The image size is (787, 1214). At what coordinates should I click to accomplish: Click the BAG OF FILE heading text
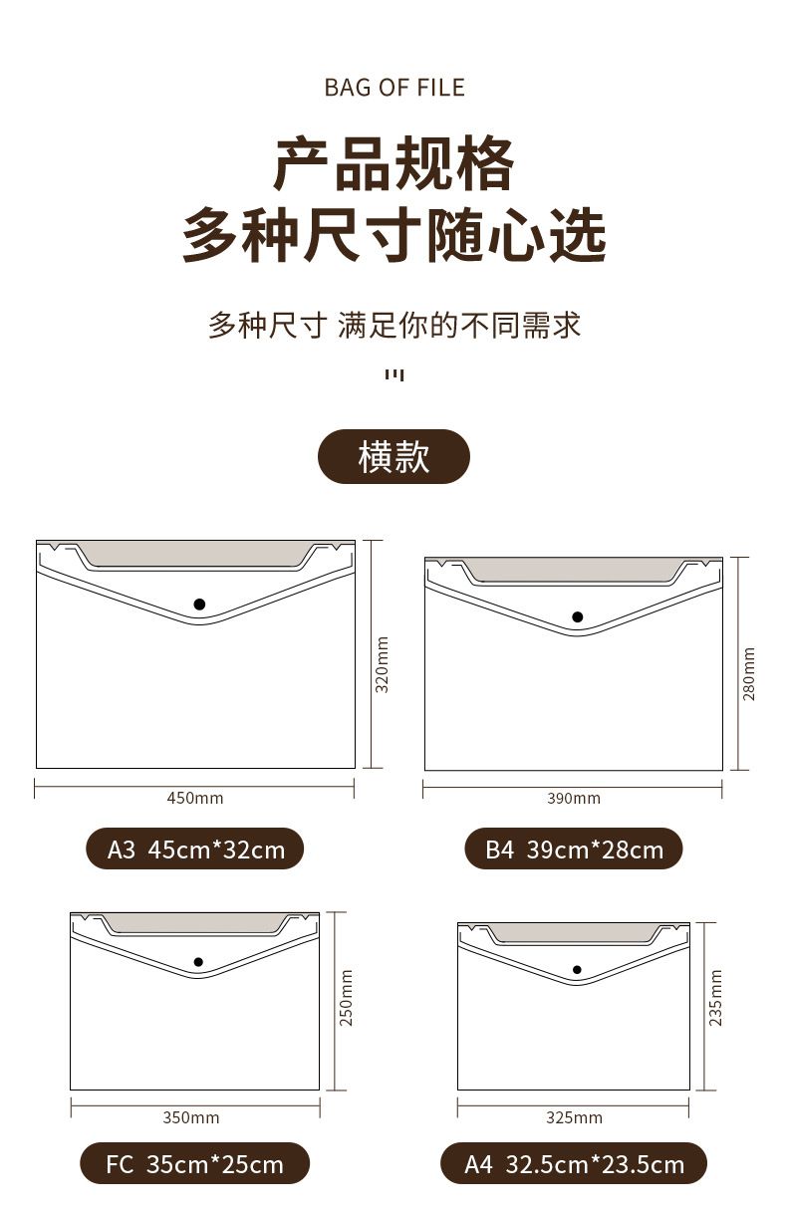[x=394, y=88]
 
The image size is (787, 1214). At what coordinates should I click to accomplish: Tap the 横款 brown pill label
[x=393, y=456]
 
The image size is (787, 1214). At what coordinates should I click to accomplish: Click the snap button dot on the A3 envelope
[x=199, y=604]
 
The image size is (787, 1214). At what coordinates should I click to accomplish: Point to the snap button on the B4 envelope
[x=577, y=616]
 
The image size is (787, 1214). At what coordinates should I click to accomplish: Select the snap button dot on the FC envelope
[x=198, y=962]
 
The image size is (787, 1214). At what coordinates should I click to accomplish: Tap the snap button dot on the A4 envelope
[x=577, y=970]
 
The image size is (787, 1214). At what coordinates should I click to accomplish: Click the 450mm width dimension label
[x=195, y=798]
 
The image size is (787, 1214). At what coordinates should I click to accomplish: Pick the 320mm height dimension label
[x=383, y=664]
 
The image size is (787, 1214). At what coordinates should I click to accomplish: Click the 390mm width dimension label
[x=574, y=799]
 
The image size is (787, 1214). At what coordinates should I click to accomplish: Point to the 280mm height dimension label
[x=748, y=673]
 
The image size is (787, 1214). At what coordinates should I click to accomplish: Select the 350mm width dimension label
[x=191, y=1117]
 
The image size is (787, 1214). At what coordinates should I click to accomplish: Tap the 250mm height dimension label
[x=346, y=997]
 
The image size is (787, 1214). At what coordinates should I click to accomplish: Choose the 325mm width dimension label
[x=574, y=1117]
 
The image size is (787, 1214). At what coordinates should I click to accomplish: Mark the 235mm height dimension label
[x=715, y=998]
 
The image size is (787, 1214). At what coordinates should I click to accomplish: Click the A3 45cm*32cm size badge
[x=195, y=849]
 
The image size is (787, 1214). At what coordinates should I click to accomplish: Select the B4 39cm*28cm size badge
[x=574, y=849]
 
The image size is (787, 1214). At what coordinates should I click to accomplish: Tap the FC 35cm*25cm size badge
[x=195, y=1163]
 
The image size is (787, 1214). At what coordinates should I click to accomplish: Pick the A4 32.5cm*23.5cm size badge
[x=574, y=1163]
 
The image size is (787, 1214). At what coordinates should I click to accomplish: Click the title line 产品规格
[x=393, y=163]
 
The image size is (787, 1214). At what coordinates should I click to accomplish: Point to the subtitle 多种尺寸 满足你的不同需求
[x=394, y=326]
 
